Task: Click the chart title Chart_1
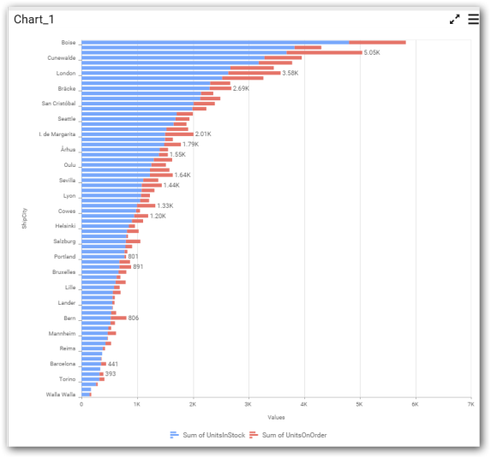pos(33,20)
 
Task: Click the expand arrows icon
pos(454,19)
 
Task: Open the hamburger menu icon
pos(474,19)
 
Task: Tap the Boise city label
pos(69,43)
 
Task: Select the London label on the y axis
pos(66,74)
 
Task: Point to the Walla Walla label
pos(61,395)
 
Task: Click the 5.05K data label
pos(372,52)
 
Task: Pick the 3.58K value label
pos(290,73)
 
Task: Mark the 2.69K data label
pos(241,88)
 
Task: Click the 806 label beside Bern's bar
pos(133,318)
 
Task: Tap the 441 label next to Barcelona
pos(113,364)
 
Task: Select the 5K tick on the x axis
pos(359,404)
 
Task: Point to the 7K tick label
pos(470,404)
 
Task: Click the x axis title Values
pos(276,417)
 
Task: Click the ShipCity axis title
pos(25,218)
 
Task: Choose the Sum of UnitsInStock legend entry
pos(207,435)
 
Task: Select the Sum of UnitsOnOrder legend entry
pos(288,435)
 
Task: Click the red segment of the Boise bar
pos(377,43)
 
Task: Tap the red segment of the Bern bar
pos(118,318)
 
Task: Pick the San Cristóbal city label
pos(58,104)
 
